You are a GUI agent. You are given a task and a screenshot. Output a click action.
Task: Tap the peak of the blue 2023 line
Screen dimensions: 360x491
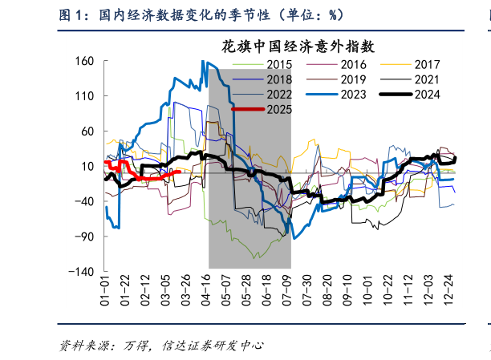203,62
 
